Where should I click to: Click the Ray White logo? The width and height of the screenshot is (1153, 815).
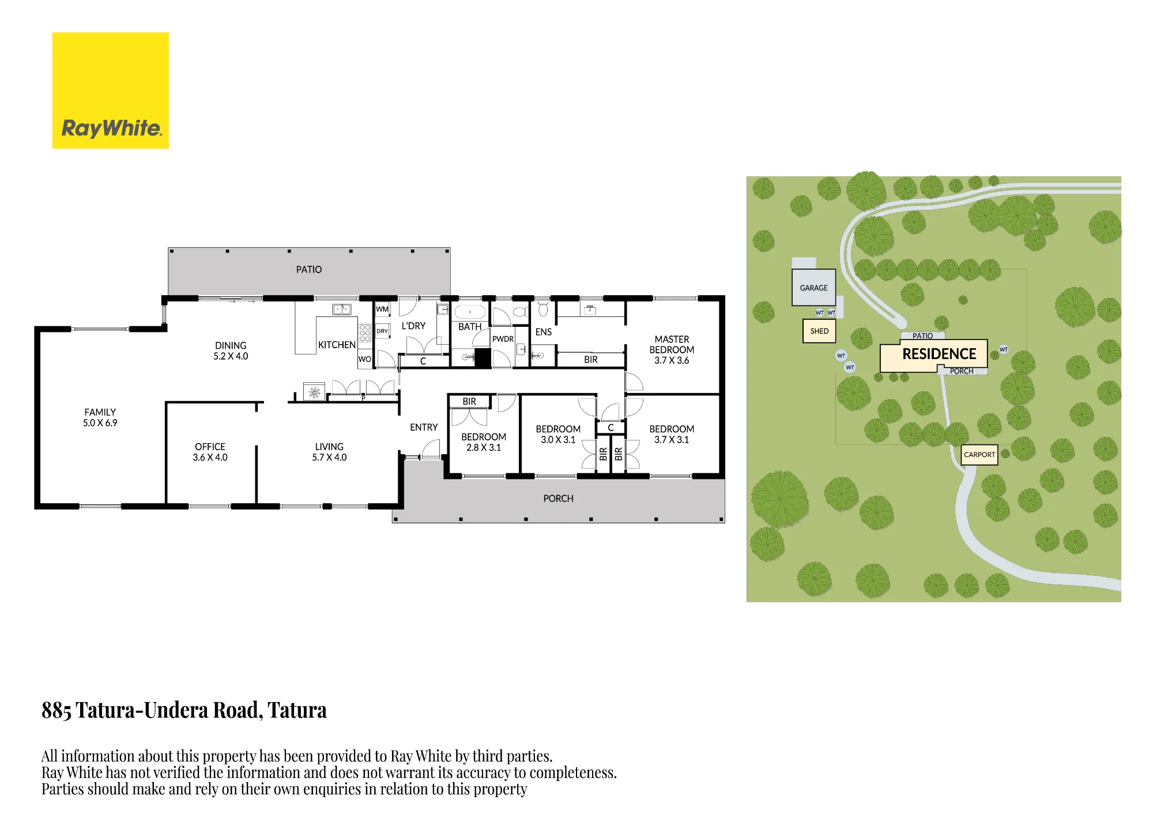111,90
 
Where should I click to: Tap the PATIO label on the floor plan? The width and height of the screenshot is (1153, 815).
309,270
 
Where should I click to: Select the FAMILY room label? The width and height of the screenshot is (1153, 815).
100,412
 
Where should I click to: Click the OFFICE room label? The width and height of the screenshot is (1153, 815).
210,447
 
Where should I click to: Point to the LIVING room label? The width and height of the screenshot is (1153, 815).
329,447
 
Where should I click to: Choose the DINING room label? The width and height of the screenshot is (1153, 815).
231,345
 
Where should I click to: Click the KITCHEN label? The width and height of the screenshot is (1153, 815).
337,345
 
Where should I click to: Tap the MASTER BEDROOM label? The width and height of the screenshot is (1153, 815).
672,345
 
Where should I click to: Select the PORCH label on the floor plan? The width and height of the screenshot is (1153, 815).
558,499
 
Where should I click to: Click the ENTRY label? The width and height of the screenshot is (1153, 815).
424,427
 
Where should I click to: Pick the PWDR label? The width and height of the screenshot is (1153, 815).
503,339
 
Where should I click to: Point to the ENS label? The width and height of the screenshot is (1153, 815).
544,332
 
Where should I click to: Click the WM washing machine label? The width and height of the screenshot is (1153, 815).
382,310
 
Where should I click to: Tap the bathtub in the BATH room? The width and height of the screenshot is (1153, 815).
470,312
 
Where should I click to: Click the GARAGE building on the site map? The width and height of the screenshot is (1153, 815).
813,287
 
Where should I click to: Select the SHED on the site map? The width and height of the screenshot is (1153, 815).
819,331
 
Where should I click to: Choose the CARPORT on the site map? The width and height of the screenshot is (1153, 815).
979,454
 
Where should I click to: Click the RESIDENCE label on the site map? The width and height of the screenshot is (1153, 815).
939,354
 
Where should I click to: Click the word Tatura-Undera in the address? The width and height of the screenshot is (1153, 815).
168,710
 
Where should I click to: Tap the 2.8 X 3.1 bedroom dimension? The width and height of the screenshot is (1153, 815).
484,448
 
